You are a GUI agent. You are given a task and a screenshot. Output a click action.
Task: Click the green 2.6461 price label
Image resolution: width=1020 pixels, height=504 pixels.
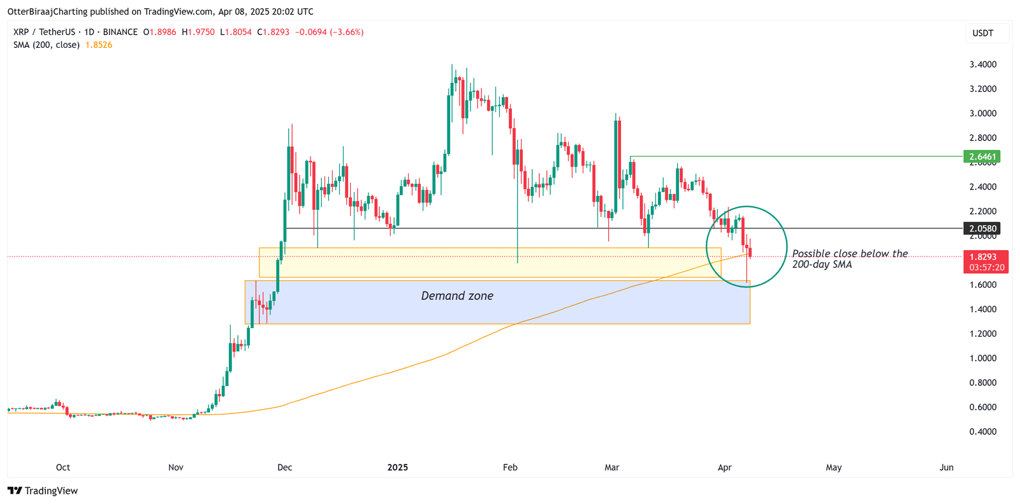(982, 156)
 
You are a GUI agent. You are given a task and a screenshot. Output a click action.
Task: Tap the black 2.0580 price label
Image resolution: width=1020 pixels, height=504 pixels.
(982, 228)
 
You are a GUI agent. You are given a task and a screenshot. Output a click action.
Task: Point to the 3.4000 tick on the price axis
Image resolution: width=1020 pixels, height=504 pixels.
(982, 64)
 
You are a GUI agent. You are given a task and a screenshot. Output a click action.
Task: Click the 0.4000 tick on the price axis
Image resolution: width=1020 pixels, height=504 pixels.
(982, 432)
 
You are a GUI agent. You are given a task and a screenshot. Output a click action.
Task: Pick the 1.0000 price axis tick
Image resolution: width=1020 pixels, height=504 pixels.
(982, 359)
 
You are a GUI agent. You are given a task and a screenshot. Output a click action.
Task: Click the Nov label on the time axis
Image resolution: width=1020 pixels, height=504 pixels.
(175, 468)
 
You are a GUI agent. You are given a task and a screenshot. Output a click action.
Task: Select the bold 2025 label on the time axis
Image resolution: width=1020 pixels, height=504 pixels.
(397, 468)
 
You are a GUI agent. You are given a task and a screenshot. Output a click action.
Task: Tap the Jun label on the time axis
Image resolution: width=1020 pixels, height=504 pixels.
(946, 468)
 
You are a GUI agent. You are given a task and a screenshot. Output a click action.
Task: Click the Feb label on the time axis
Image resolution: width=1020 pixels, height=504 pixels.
(510, 468)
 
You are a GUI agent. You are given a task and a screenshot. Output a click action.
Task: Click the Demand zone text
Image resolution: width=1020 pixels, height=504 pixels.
(457, 296)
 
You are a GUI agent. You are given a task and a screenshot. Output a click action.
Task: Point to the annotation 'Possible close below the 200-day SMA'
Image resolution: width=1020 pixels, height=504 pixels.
(849, 259)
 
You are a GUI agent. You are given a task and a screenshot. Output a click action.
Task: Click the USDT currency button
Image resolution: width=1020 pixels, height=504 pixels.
(982, 33)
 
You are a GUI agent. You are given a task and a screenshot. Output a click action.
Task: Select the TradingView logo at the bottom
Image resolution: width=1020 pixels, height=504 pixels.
(43, 491)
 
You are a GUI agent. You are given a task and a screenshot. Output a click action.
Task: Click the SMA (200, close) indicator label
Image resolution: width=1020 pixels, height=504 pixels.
(47, 45)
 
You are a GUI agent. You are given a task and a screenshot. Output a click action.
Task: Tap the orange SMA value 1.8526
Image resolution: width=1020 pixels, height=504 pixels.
(99, 45)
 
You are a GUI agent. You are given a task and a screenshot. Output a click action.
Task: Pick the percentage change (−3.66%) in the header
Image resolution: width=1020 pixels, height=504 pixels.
(347, 32)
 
